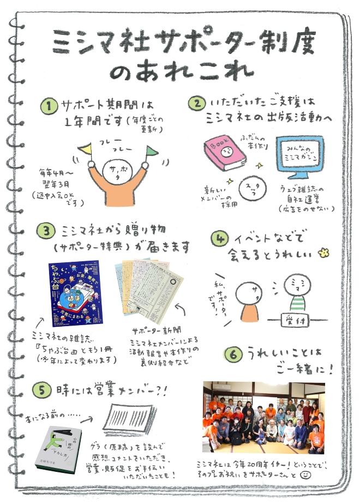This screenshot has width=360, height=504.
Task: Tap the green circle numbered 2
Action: click(195, 104)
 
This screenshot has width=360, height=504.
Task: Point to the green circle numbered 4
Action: click(220, 238)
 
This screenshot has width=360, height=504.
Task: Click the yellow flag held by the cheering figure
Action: click(85, 148)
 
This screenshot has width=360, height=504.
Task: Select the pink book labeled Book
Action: click(224, 152)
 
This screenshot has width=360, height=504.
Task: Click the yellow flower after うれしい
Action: click(326, 253)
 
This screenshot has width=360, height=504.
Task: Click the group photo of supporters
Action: click(263, 417)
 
